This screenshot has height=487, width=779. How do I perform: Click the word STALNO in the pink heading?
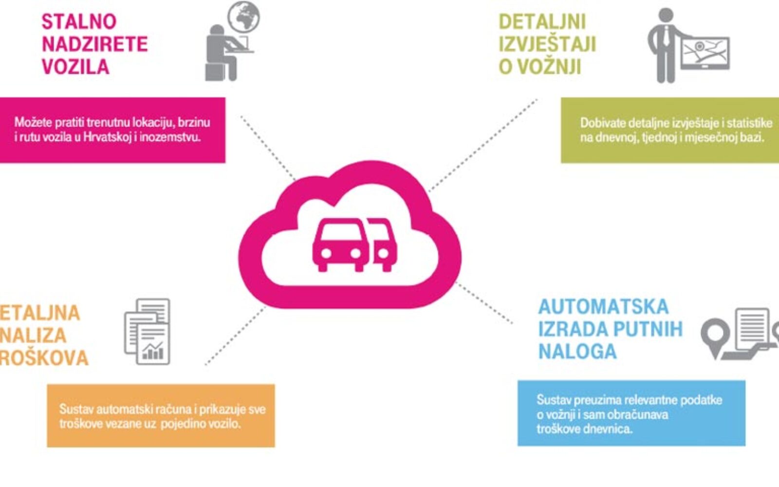79,21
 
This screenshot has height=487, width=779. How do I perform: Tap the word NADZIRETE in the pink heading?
94,44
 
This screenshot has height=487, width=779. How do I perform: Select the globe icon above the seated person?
244,18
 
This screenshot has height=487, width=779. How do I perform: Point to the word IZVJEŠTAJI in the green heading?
547,44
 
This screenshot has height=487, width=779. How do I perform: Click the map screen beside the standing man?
705,52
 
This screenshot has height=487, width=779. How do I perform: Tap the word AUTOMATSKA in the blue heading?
603,307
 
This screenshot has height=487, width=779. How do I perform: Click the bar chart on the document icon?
153,351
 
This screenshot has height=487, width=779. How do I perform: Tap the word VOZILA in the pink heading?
75,67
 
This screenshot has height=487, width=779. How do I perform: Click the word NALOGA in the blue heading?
577,352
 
